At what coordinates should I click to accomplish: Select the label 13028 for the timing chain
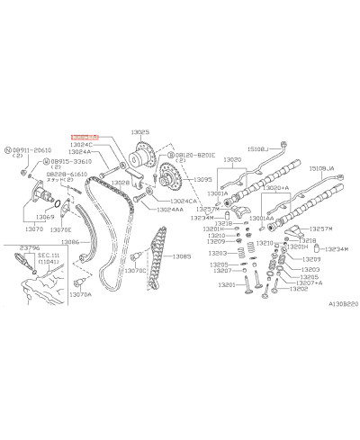point(121,183)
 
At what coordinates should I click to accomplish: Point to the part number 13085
point(182,256)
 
